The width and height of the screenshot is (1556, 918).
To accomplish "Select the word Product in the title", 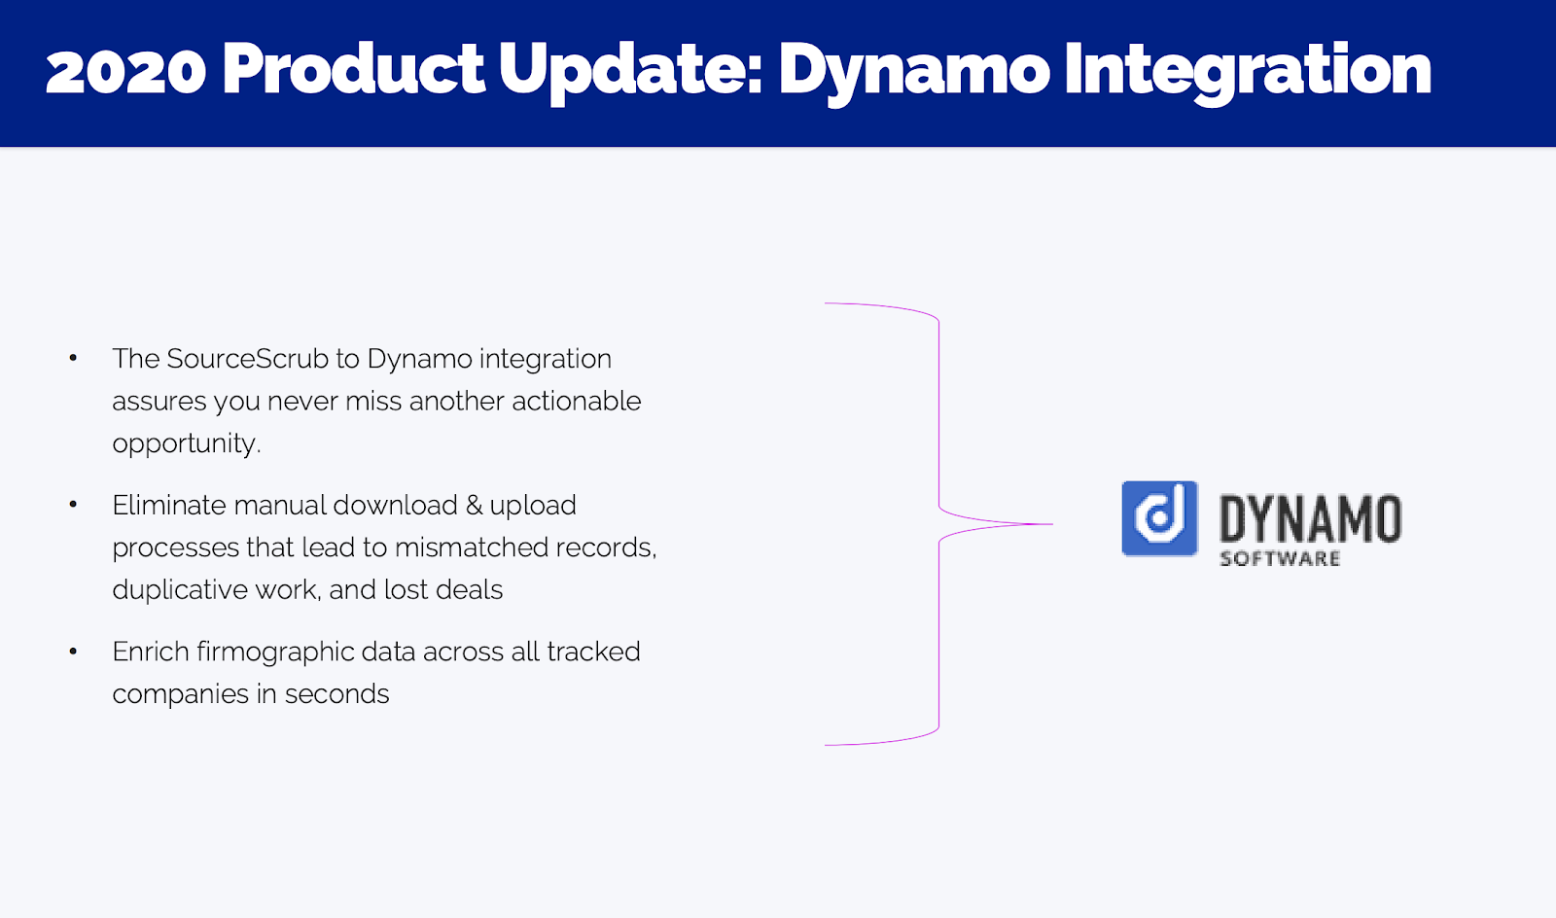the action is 353,68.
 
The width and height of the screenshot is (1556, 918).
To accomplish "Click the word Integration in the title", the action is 1248,72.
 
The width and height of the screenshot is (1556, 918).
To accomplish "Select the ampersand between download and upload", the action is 474,506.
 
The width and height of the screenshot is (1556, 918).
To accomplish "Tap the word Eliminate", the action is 169,506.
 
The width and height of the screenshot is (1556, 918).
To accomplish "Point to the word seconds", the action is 336,694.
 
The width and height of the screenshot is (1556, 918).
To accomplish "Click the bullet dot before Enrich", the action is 73,652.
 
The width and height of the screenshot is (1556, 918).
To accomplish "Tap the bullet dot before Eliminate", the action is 73,505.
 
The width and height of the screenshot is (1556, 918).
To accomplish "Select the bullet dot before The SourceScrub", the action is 73,358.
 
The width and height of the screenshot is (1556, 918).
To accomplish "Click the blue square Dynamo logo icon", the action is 1159,518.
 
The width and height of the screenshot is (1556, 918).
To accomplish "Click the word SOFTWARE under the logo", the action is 1280,559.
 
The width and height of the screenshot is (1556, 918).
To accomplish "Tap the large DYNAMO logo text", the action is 1310,518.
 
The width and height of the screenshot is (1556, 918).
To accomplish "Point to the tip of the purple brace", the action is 1052,524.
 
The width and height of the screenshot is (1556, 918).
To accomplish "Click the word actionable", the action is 576,402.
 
